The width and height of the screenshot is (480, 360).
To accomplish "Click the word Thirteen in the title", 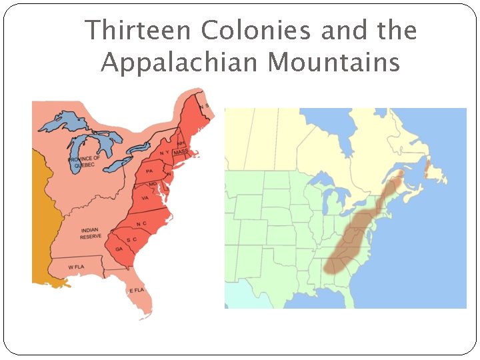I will pyautogui.click(x=137, y=31).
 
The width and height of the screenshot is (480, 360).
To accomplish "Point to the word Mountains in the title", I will pyautogui.click(x=333, y=63).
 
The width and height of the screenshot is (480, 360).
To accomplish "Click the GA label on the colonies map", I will pyautogui.click(x=119, y=249).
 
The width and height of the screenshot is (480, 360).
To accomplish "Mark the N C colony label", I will pyautogui.click(x=141, y=223).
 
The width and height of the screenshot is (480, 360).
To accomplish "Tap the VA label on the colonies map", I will pyautogui.click(x=145, y=198).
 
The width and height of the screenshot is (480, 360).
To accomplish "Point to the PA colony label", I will pyautogui.click(x=149, y=171).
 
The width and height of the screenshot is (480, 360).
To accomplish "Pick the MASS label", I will pyautogui.click(x=180, y=153).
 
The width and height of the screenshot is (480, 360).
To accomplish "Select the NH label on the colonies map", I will pyautogui.click(x=181, y=143).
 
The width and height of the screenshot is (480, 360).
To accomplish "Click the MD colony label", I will pyautogui.click(x=153, y=183).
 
